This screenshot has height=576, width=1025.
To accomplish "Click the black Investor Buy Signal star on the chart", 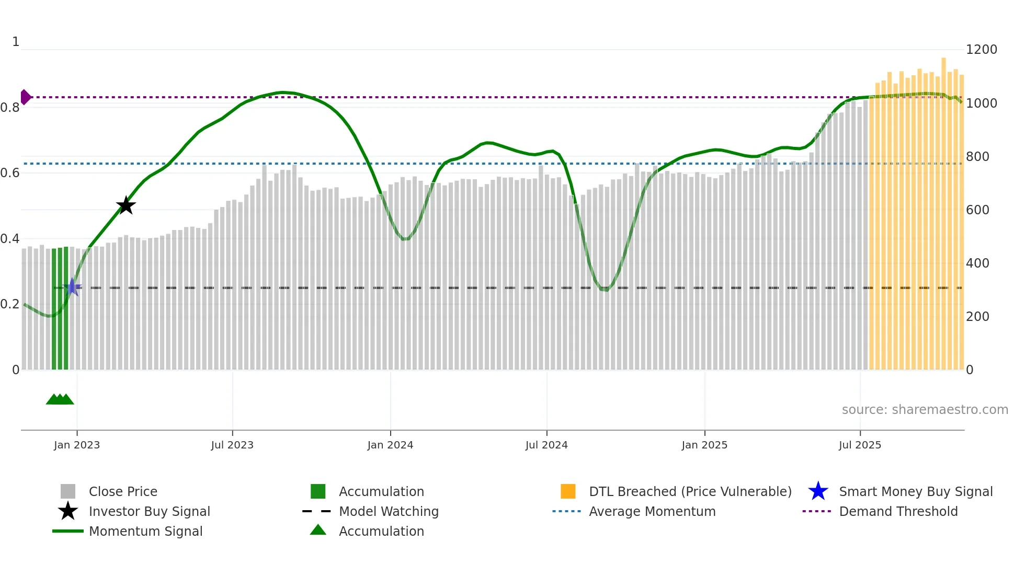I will [x=126, y=206].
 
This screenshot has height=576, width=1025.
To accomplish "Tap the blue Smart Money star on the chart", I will [x=73, y=287].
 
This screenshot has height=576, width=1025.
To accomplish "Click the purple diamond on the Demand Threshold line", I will [x=25, y=97].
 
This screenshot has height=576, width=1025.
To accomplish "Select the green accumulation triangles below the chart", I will [x=60, y=399].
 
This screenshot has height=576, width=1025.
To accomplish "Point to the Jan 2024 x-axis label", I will [x=390, y=445].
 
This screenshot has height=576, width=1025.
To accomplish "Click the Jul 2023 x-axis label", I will [x=232, y=445].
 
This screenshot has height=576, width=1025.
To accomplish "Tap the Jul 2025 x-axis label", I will [x=860, y=445].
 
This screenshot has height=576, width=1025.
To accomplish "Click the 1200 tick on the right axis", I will [x=981, y=50].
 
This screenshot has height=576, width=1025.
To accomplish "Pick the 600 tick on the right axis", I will [x=977, y=210].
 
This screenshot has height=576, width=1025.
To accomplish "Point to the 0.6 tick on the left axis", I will [x=10, y=173].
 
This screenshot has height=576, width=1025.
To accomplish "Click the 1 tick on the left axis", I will [x=16, y=42].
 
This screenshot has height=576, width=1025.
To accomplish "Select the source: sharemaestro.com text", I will [x=925, y=409].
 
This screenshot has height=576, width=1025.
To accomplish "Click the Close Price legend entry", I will [x=123, y=491].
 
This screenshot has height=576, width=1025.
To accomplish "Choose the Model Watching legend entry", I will [x=388, y=511].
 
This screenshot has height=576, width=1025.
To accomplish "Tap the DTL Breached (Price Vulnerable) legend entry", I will [x=690, y=491].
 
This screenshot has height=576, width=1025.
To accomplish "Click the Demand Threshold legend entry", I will [x=898, y=511].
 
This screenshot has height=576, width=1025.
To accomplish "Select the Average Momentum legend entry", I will [x=652, y=511].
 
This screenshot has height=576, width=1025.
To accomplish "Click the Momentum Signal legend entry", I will [x=145, y=531].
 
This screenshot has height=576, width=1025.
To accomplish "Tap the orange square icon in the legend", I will [x=568, y=491].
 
